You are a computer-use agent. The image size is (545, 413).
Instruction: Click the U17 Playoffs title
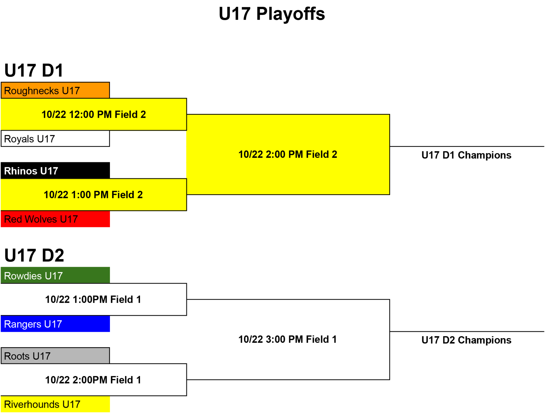pyautogui.click(x=272, y=14)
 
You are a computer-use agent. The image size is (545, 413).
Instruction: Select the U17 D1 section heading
pyautogui.click(x=34, y=71)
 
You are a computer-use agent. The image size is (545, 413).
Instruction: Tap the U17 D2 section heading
pyautogui.click(x=34, y=255)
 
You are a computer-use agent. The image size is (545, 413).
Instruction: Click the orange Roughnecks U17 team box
pyautogui.click(x=55, y=90)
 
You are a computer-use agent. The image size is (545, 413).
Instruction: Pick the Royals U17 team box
pyautogui.click(x=55, y=139)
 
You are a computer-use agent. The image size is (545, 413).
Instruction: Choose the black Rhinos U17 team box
pyautogui.click(x=55, y=171)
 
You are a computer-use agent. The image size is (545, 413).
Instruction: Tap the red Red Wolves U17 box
pyautogui.click(x=55, y=219)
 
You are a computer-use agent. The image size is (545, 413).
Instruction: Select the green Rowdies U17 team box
pyautogui.click(x=55, y=275)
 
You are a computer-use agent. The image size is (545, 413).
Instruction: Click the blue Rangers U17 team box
pyautogui.click(x=55, y=324)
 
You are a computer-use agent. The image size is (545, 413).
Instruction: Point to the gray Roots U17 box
pyautogui.click(x=55, y=356)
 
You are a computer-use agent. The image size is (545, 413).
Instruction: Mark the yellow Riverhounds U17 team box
pyautogui.click(x=55, y=404)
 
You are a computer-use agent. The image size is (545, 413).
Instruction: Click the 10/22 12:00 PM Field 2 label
pyautogui.click(x=94, y=115)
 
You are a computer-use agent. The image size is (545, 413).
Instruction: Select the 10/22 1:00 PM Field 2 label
pyautogui.click(x=93, y=195)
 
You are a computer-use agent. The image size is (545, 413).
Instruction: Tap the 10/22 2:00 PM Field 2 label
pyautogui.click(x=288, y=155)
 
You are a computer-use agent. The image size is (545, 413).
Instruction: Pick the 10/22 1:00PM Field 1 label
pyautogui.click(x=93, y=299)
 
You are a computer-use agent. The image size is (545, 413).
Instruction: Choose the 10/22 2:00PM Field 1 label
pyautogui.click(x=93, y=380)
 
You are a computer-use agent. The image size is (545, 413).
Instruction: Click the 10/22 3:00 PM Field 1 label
pyautogui.click(x=288, y=339)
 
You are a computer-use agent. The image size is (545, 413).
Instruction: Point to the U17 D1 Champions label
pyautogui.click(x=466, y=155)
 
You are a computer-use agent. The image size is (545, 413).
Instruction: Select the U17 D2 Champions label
pyautogui.click(x=466, y=340)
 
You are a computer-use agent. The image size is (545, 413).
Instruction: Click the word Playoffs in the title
pyautogui.click(x=291, y=14)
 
